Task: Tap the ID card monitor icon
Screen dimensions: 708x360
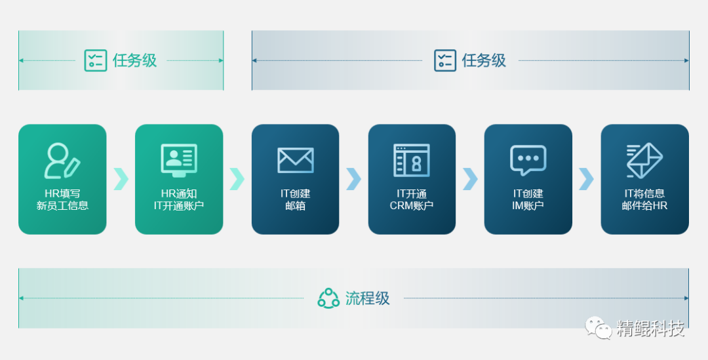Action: (x=179, y=160)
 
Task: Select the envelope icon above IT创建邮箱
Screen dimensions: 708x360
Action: (x=295, y=160)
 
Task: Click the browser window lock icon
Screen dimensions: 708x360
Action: (x=412, y=160)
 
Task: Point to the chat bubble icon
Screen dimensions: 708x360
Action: (x=528, y=160)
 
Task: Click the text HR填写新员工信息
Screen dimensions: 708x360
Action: (x=62, y=199)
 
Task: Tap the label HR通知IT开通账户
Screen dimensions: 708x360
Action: (x=179, y=199)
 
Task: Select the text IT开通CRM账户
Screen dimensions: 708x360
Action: (x=412, y=199)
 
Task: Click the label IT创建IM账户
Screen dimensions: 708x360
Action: (x=528, y=199)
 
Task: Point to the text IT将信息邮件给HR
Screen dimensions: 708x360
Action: (x=644, y=199)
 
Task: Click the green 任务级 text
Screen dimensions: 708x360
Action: (x=135, y=60)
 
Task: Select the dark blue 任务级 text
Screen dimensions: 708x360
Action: (x=484, y=60)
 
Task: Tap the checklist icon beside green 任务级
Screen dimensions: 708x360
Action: (x=96, y=60)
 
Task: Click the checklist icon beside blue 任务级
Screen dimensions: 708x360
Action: (x=445, y=60)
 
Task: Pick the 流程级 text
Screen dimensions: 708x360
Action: (x=368, y=298)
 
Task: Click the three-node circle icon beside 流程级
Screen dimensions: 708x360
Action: (x=328, y=298)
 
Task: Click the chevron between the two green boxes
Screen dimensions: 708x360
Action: (x=121, y=178)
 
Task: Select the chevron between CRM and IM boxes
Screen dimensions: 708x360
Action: (x=470, y=178)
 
